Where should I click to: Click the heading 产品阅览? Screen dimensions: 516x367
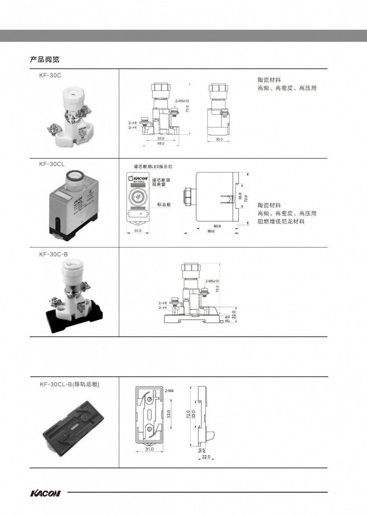(44, 59)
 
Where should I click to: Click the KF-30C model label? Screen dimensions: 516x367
(50, 76)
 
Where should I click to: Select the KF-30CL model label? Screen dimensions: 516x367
(52, 164)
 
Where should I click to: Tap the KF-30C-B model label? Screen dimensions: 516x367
(53, 254)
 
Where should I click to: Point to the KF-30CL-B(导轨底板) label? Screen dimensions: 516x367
(70, 384)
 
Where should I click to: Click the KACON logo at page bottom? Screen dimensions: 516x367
(45, 493)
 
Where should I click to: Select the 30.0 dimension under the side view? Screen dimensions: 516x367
(219, 139)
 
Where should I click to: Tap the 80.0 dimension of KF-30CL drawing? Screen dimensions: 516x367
(211, 231)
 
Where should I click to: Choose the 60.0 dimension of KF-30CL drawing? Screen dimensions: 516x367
(217, 226)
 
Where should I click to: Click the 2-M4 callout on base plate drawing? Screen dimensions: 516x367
(170, 391)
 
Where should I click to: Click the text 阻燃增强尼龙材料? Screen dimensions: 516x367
(281, 221)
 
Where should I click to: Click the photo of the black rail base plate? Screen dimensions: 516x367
(73, 427)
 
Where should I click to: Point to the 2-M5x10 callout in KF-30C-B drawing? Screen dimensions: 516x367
(212, 281)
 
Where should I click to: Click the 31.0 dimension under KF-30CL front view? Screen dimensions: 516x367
(138, 231)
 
